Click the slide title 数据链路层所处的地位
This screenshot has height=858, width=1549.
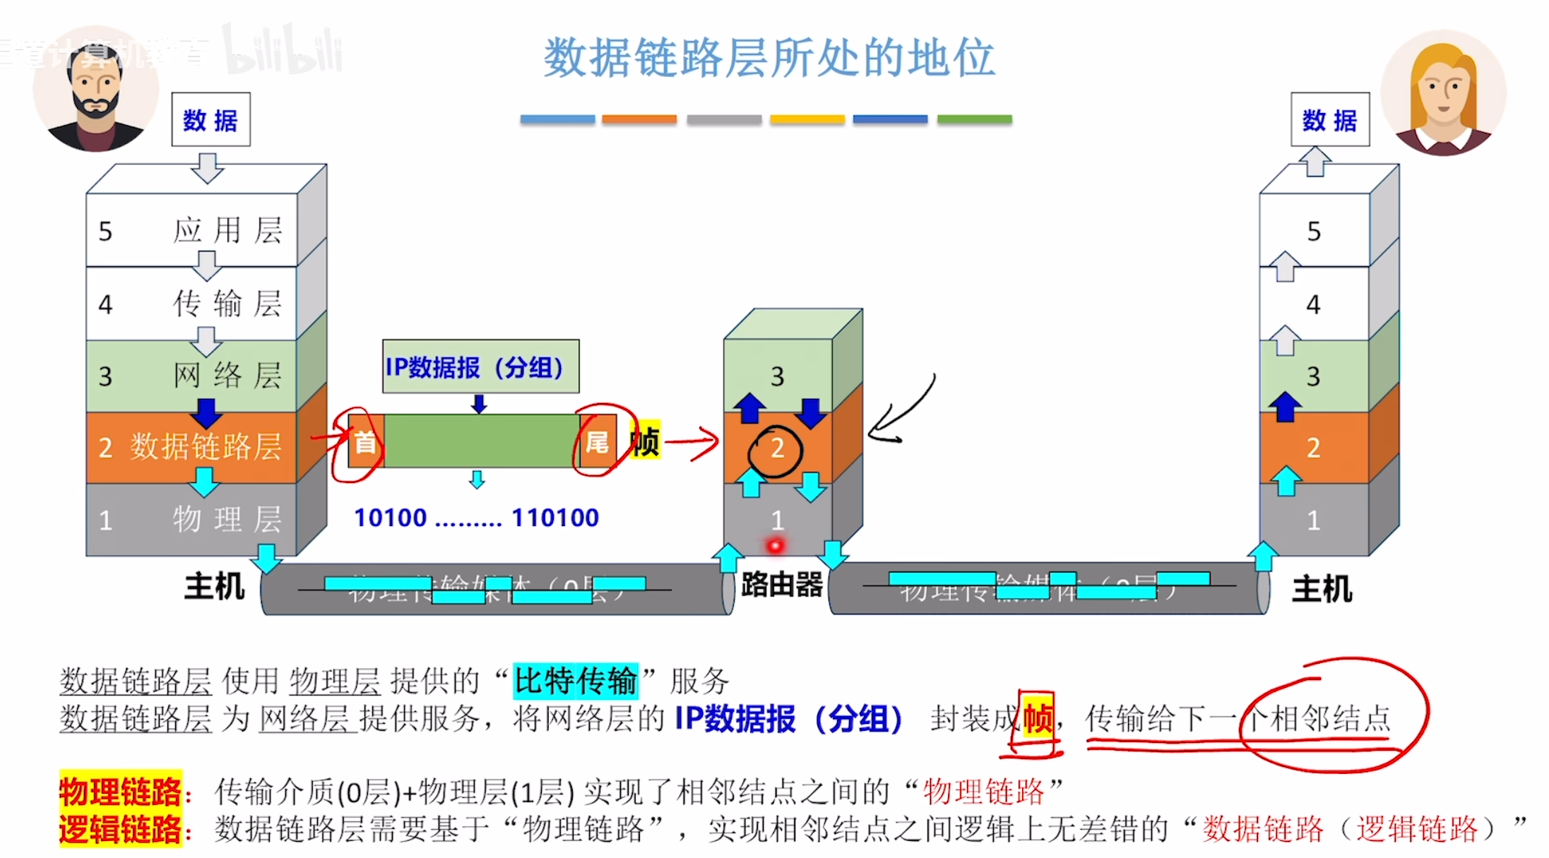(769, 58)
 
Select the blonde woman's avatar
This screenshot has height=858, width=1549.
(1442, 92)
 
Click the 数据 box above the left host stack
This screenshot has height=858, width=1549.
(210, 120)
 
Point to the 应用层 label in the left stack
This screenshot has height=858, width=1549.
(227, 231)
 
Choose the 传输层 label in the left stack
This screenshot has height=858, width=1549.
(227, 304)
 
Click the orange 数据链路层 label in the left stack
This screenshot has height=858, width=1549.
(205, 447)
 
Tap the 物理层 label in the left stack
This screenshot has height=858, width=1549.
(227, 520)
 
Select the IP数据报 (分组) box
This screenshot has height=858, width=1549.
(480, 367)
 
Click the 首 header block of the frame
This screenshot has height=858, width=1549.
(366, 442)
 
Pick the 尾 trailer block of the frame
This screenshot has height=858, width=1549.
(597, 442)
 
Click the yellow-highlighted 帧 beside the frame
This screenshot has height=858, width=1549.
(645, 442)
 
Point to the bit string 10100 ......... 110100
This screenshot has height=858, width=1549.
(476, 518)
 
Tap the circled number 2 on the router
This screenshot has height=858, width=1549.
(777, 448)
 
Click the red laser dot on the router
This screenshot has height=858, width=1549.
(776, 546)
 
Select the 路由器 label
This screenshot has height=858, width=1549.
(782, 585)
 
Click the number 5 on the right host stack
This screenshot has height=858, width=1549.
(1314, 232)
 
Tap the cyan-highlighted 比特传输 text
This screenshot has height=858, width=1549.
(575, 681)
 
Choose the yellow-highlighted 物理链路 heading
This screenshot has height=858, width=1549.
(120, 792)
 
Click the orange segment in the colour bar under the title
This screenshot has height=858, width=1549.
(639, 119)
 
